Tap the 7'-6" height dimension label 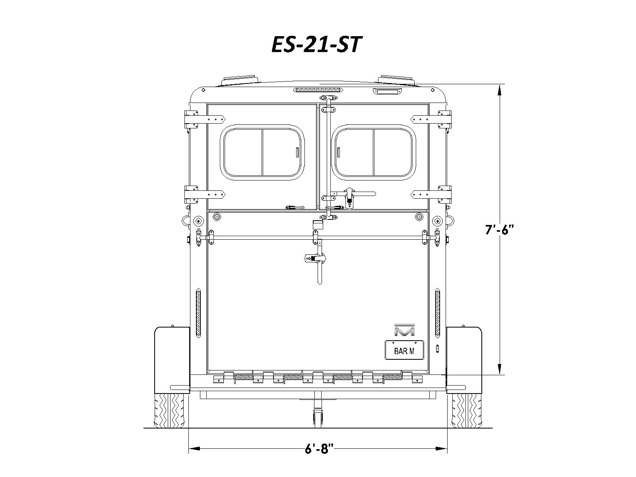(500, 230)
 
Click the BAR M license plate (404, 350)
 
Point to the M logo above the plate (405, 330)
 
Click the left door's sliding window (262, 152)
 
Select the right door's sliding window (374, 152)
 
